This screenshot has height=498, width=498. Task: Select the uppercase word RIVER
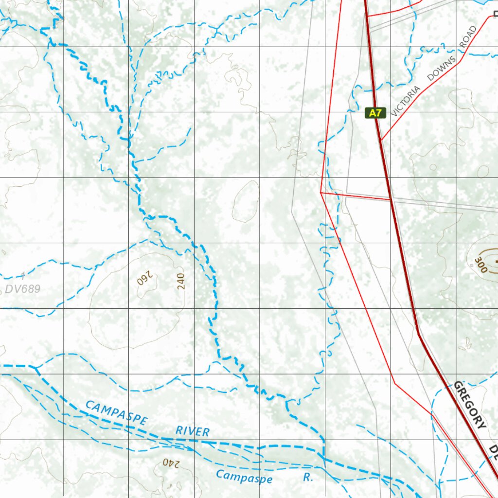point(193,430)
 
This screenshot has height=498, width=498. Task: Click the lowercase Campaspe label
point(244,477)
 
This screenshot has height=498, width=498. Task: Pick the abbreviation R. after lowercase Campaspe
point(308,477)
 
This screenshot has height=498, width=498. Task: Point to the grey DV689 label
point(23,289)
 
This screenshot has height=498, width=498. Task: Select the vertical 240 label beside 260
point(181,281)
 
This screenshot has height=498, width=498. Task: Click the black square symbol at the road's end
point(495,14)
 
